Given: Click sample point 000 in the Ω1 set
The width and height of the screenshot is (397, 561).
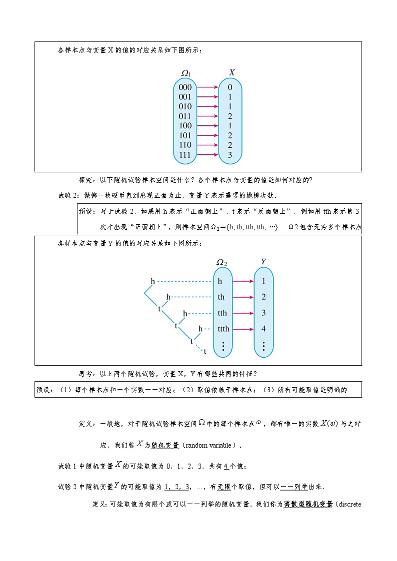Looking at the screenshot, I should tap(185, 87).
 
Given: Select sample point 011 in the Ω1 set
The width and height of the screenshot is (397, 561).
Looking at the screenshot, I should tap(185, 116).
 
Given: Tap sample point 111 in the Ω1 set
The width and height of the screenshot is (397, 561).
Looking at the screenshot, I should tap(185, 155).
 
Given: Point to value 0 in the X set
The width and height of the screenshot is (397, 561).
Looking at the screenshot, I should tap(229, 87).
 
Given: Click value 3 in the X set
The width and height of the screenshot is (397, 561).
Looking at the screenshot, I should tap(229, 155).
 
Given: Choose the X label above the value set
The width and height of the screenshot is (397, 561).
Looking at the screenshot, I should tap(232, 73).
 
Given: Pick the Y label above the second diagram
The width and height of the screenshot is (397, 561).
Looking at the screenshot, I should tap(263, 262).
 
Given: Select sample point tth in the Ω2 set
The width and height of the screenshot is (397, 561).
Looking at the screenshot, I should tap(222, 313).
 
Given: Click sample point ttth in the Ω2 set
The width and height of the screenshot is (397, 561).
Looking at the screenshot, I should tap(223, 329).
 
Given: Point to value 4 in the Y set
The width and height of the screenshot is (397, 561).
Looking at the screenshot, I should tap(263, 329).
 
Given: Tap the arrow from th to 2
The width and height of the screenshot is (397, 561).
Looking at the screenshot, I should tap(243, 297).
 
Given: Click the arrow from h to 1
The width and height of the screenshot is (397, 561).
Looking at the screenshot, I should tap(243, 281).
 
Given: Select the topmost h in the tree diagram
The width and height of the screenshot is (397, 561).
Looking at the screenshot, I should tap(153, 282).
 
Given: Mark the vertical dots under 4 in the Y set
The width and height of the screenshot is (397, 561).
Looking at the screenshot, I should tap(263, 346).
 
